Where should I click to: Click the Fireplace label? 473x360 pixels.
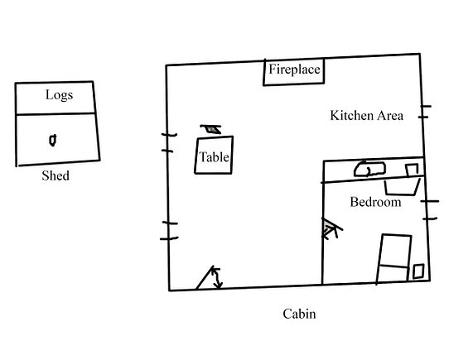[x=294, y=70]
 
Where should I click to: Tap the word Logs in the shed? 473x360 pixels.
[x=59, y=95]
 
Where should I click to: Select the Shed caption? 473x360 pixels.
[x=56, y=175]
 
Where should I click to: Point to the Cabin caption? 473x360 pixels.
[x=299, y=314]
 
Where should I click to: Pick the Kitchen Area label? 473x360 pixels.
[x=366, y=116]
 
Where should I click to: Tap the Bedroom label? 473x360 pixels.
[x=375, y=202]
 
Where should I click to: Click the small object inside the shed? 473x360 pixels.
[x=53, y=141]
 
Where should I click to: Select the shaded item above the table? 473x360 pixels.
[x=211, y=129]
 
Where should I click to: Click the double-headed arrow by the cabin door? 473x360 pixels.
[x=217, y=278]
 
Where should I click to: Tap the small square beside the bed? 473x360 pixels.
[x=418, y=271]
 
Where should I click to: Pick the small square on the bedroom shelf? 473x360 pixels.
[x=412, y=170]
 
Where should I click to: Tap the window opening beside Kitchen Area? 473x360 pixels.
[x=425, y=112]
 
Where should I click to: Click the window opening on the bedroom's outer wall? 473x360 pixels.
[x=431, y=209]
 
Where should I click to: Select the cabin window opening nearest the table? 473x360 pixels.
[x=169, y=142]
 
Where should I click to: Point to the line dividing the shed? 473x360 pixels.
[x=56, y=113]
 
